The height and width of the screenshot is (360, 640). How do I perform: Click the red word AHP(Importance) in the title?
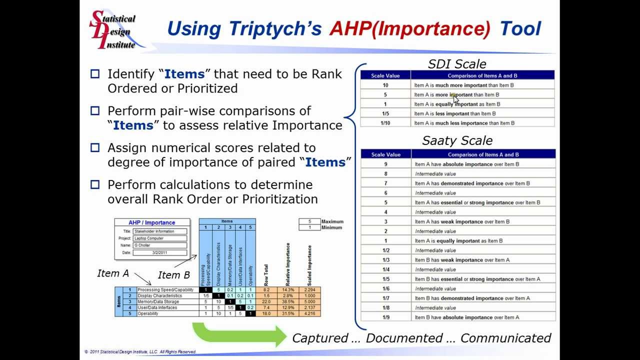pos(410,28)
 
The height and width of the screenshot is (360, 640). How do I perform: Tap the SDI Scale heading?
pos(457,64)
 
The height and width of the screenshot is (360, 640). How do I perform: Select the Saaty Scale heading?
pos(457,140)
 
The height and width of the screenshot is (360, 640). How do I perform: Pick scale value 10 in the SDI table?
pos(385,85)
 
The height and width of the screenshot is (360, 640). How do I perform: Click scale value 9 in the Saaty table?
pos(385,164)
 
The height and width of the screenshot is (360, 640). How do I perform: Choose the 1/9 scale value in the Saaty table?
pos(385,317)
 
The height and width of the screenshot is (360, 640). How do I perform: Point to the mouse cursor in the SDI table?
pos(455,98)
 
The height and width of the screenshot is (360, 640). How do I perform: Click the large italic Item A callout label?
pos(113,273)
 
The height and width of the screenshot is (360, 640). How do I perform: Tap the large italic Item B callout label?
pos(174,275)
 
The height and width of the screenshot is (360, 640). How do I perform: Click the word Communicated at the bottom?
pos(505,338)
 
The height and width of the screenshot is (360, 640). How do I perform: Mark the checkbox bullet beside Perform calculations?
pos(95,185)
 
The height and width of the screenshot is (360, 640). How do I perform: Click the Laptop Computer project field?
pos(160,238)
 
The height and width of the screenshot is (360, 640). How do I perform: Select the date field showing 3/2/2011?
pos(160,252)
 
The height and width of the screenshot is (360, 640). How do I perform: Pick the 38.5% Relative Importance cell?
pos(288,302)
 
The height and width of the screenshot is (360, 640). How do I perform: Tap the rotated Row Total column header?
pos(266,275)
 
